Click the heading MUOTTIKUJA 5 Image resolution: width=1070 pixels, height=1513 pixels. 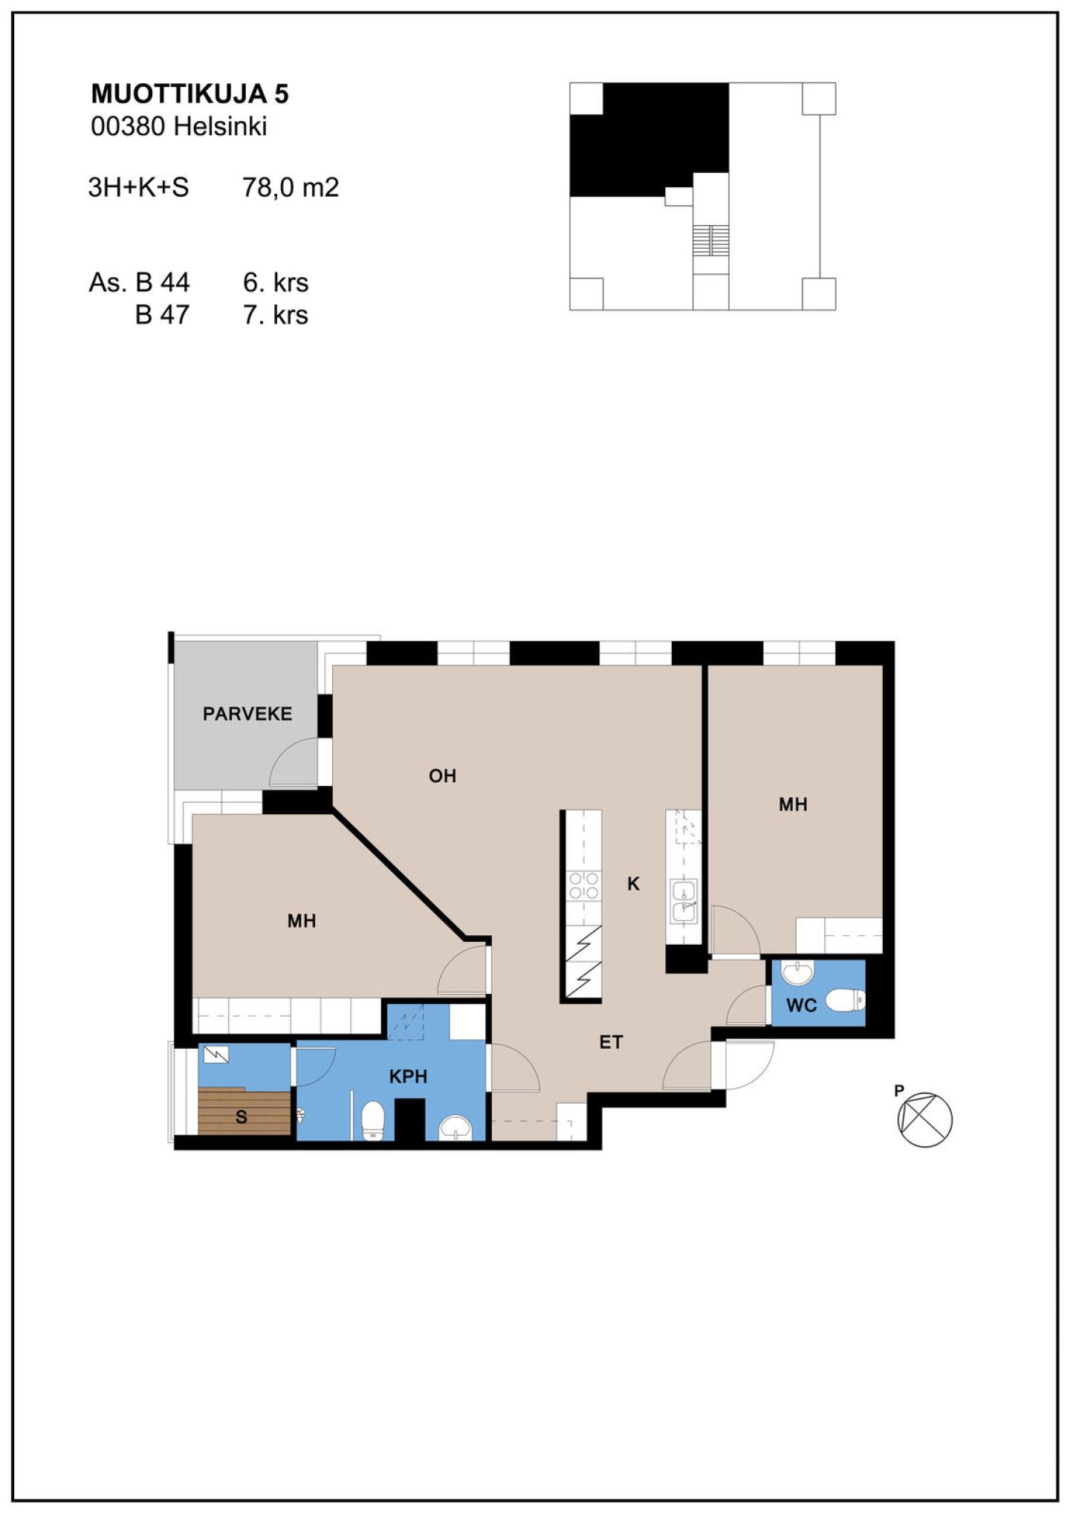tap(189, 94)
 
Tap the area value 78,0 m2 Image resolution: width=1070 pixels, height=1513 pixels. tap(291, 187)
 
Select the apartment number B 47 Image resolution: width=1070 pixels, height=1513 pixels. tap(162, 315)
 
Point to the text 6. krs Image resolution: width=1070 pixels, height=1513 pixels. tap(276, 282)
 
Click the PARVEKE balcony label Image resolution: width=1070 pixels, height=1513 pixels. tap(247, 714)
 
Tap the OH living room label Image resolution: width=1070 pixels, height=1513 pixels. tap(442, 776)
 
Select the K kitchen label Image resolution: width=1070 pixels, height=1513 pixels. tap(633, 883)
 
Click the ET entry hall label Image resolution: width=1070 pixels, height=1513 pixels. tap(611, 1042)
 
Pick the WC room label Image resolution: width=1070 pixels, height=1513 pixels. tap(801, 1006)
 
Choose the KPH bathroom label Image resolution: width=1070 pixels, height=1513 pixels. tap(408, 1076)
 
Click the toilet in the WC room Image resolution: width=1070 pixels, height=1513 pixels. tap(846, 1000)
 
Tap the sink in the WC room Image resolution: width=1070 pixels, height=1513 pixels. tap(797, 972)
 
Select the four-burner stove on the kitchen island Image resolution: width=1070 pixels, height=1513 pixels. tap(583, 885)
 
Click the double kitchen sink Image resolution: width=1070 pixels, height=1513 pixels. tap(683, 900)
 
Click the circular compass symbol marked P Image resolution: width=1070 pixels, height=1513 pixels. tap(924, 1119)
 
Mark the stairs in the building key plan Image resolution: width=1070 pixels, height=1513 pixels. tap(711, 240)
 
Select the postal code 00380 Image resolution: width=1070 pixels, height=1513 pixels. tap(128, 126)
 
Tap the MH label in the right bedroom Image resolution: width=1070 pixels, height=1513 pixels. tap(793, 804)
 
